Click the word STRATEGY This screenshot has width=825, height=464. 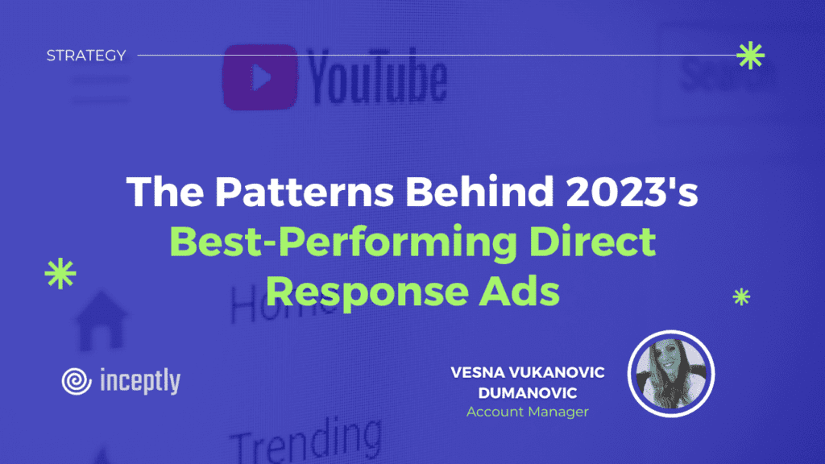pos(86,56)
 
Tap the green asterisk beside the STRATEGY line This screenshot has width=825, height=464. pos(750,56)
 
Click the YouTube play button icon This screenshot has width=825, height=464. pos(260,77)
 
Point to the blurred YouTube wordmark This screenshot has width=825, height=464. pos(377,77)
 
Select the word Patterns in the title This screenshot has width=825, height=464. pos(305,191)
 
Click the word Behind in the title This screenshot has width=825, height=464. pos(479,191)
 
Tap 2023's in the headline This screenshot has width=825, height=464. pos(632,191)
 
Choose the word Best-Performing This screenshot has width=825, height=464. pos(343,242)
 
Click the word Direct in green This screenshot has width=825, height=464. pos(592,241)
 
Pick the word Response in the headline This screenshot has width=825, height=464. pos(367,292)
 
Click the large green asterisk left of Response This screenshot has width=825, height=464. pos(60,274)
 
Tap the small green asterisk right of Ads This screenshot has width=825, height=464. pos(741,297)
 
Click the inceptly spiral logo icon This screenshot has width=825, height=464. pos(77,381)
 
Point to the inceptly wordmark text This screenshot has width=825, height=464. pos(140,381)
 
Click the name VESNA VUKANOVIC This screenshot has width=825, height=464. pos(528,372)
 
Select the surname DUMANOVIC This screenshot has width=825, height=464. pos(528,393)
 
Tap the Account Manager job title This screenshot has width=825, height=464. pos(528,412)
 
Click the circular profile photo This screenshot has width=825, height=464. pos(671,374)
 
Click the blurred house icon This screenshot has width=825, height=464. pos(102,321)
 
